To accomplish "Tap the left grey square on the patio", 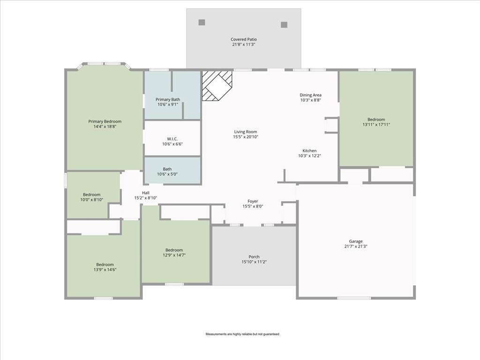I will pyautogui.click(x=202, y=22).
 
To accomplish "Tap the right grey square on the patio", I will pyautogui.click(x=284, y=25).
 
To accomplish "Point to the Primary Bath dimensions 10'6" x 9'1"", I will pyautogui.click(x=167, y=105).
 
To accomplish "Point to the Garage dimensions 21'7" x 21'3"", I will pyautogui.click(x=356, y=247).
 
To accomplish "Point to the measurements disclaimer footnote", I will pyautogui.click(x=242, y=334).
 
